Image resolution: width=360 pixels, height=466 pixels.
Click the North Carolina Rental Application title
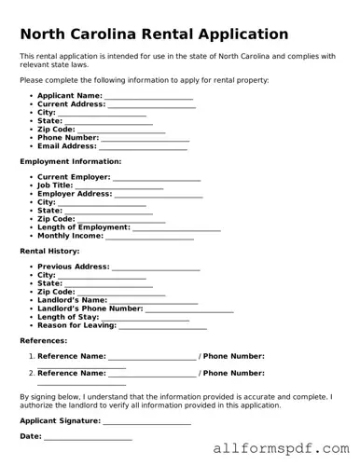pyautogui.click(x=154, y=34)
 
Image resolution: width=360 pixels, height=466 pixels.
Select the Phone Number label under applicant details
pyautogui.click(x=68, y=138)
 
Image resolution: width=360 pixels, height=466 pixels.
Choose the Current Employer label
pyautogui.click(x=74, y=177)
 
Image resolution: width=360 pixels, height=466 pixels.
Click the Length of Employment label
pyautogui.click(x=83, y=227)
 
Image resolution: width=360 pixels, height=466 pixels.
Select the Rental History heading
pyautogui.click(x=49, y=252)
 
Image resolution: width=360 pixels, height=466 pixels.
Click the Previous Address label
pyautogui.click(x=74, y=267)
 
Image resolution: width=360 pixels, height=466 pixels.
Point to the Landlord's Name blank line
pyautogui.click(x=155, y=301)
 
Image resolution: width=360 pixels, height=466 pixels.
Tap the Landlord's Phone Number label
pyautogui.click(x=90, y=308)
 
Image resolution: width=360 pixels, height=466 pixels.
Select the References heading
pyautogui.click(x=43, y=341)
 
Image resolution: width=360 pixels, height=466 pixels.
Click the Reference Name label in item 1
pyautogui.click(x=72, y=356)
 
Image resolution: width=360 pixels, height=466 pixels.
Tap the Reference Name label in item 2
pyautogui.click(x=72, y=373)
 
